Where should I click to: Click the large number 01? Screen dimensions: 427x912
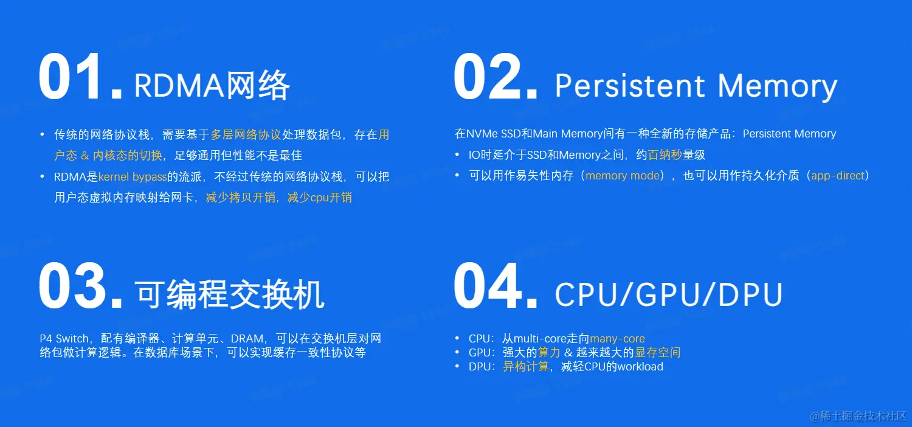80,78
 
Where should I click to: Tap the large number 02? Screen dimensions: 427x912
496,78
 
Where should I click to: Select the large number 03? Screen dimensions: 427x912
80,286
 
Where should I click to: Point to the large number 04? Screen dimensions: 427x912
496,286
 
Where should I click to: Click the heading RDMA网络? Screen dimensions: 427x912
212,85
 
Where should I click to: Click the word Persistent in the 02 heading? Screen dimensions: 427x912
630,86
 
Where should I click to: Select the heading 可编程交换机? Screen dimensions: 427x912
230,294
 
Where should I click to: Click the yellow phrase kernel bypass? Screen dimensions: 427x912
133,177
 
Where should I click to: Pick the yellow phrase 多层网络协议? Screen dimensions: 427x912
246,134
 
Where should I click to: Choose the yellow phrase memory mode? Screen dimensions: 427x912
623,176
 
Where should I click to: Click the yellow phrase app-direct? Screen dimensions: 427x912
837,176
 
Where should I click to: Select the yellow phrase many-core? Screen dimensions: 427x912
617,339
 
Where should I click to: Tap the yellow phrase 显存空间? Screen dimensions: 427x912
658,353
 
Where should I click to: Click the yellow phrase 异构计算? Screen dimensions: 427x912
526,367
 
